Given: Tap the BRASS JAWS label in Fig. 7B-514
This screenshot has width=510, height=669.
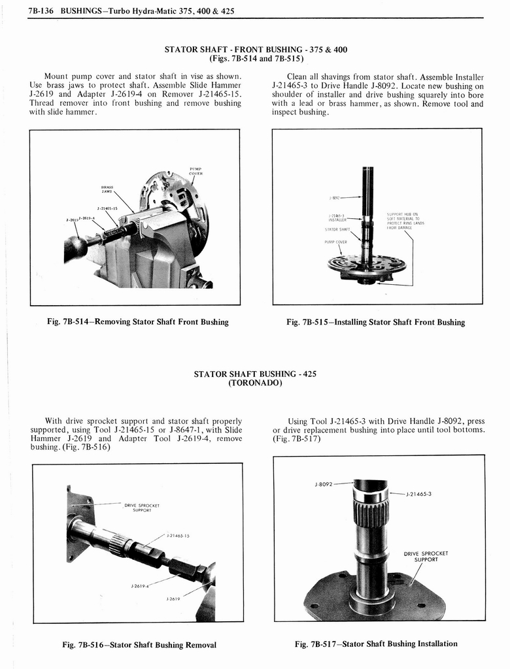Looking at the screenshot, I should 107,189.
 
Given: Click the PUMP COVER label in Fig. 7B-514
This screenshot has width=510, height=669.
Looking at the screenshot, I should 195,171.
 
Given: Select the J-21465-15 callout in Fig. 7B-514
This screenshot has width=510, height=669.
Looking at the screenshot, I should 107,209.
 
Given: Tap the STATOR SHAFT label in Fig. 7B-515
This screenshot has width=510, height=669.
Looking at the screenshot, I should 337,229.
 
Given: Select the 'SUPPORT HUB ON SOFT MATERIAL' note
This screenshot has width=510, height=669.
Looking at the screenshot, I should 405,221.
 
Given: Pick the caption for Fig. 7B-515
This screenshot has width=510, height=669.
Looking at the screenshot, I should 376,322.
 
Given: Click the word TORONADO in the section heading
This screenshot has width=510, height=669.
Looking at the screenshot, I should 255,383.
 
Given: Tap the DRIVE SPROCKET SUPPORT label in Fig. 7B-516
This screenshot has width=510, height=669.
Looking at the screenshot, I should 142,508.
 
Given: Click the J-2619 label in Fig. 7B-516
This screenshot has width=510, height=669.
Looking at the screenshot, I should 173,598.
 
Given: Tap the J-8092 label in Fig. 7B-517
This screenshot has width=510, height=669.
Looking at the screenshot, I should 324,484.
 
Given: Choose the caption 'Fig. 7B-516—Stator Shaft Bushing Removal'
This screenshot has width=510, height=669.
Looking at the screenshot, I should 139,645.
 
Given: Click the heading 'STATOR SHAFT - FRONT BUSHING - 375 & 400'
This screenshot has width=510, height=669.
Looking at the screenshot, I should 256,49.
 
